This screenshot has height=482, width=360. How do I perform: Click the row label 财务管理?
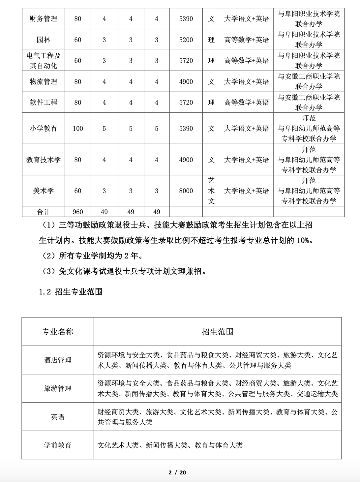tap(44, 19)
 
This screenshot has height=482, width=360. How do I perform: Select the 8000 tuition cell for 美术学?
tap(186, 191)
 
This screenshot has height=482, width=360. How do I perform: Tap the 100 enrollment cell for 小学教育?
tap(78, 129)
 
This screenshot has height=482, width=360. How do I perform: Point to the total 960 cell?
tap(78, 212)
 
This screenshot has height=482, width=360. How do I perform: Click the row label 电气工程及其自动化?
tap(44, 61)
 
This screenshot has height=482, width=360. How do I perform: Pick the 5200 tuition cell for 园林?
tap(186, 40)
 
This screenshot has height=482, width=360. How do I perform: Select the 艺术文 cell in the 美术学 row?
tap(211, 191)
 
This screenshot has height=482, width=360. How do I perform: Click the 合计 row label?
tap(44, 212)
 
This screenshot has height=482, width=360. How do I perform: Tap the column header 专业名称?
tap(58, 332)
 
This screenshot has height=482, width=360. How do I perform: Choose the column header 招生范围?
tap(218, 332)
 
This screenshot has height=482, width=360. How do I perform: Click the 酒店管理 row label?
tap(58, 360)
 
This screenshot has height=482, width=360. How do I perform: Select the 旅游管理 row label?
tap(58, 388)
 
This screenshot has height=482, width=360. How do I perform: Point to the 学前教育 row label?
tap(58, 445)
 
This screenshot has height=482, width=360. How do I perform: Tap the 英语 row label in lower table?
tap(58, 417)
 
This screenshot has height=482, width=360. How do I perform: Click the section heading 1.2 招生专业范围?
tap(71, 292)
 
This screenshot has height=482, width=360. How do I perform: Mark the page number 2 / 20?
tap(177, 472)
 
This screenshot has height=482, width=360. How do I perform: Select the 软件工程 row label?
tap(44, 103)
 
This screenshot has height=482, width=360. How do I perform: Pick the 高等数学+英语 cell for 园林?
tap(247, 40)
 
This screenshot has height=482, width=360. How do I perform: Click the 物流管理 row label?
tap(44, 82)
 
